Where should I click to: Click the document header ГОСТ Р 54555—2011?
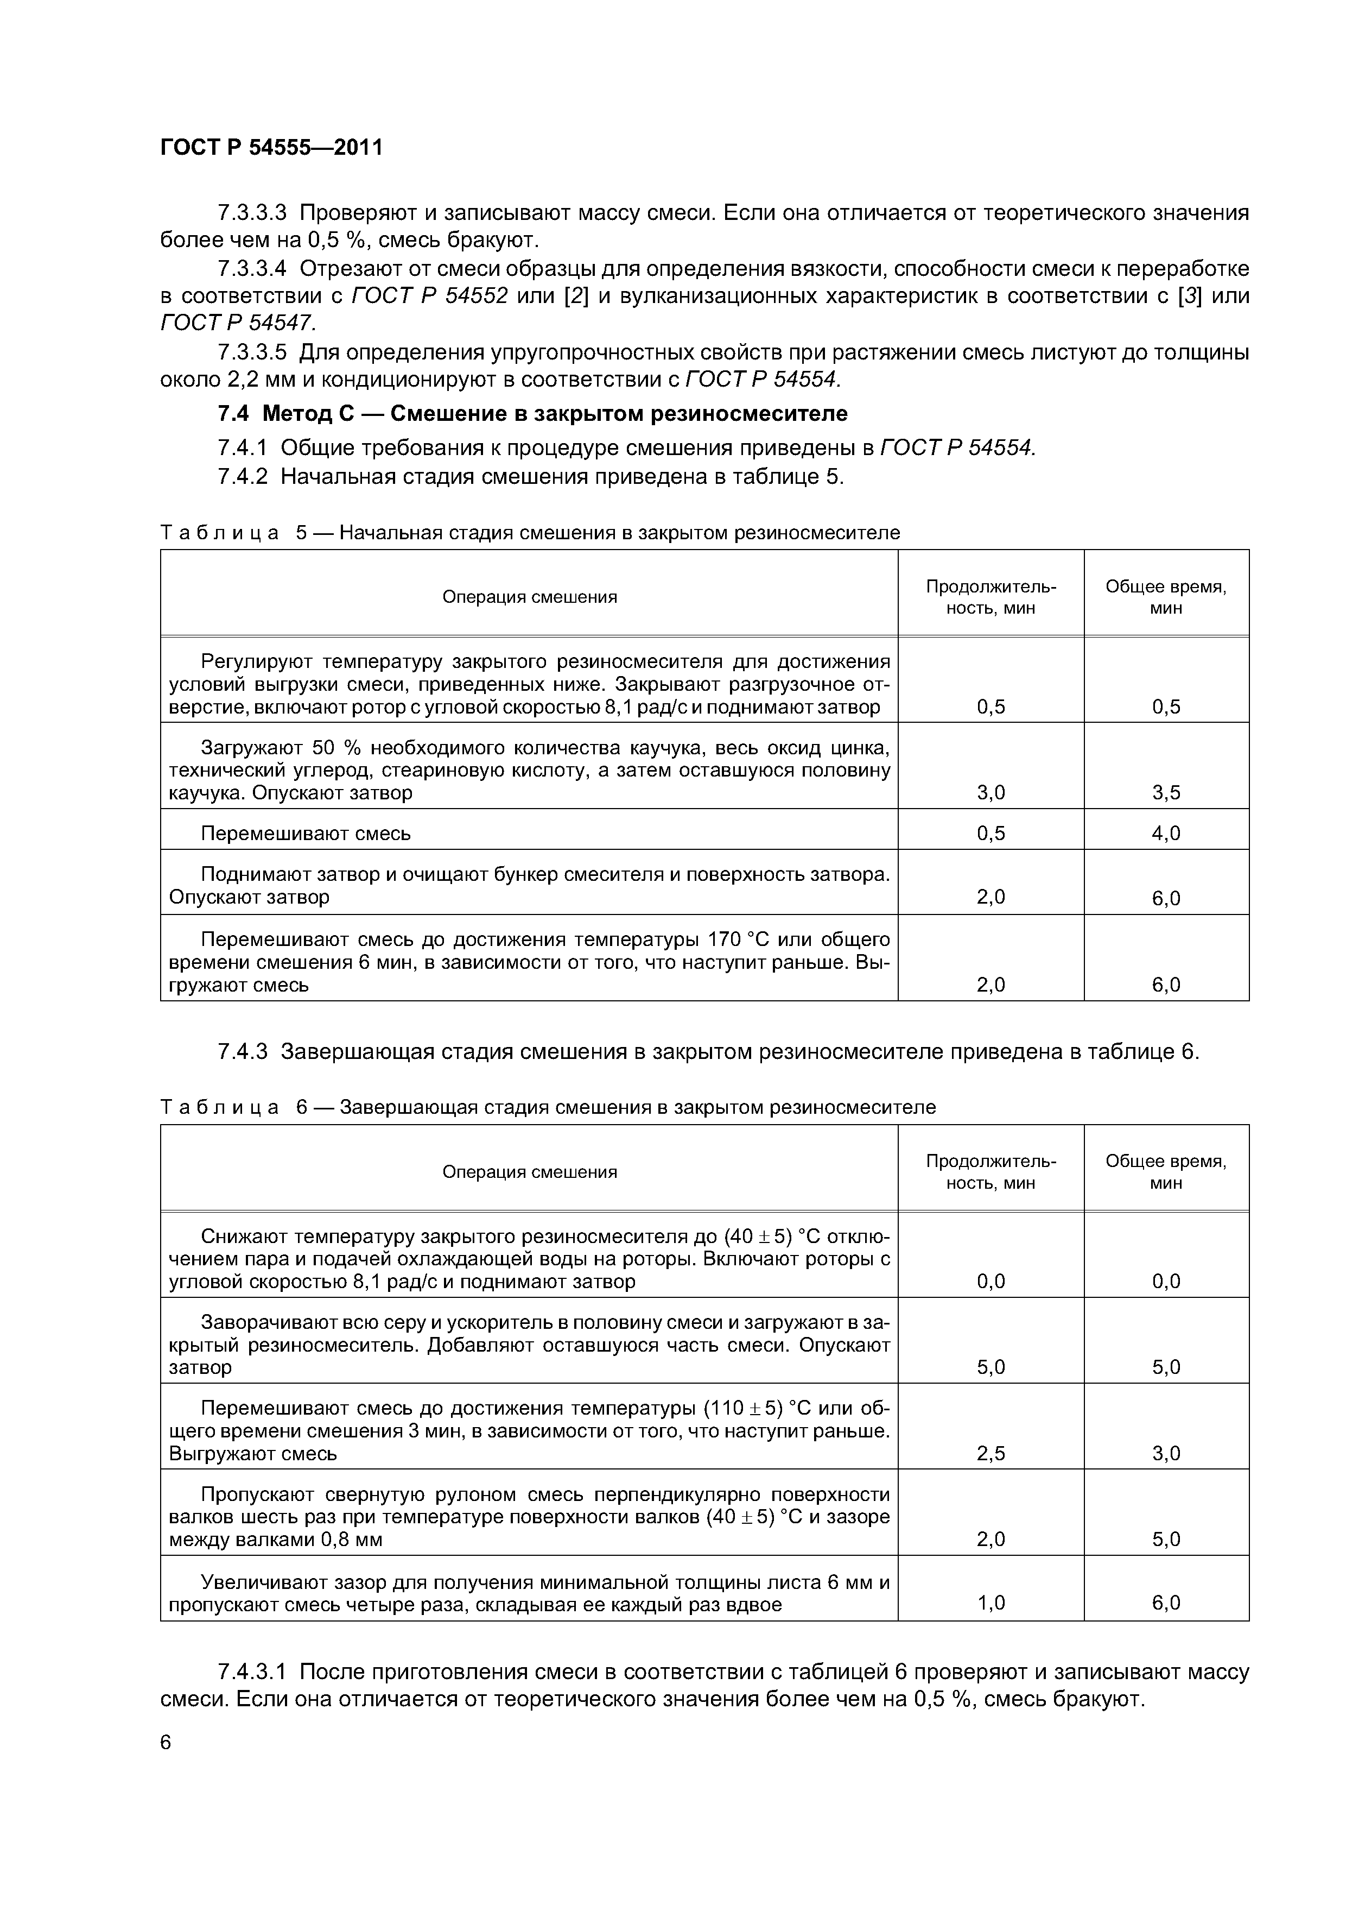271,148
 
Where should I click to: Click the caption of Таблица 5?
529,533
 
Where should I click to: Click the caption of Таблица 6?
548,1108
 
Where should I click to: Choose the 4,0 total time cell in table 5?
1165,833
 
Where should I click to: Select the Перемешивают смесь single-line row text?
305,833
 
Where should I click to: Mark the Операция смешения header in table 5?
529,597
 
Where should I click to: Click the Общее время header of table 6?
1165,1171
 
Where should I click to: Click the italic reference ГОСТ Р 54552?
430,296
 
